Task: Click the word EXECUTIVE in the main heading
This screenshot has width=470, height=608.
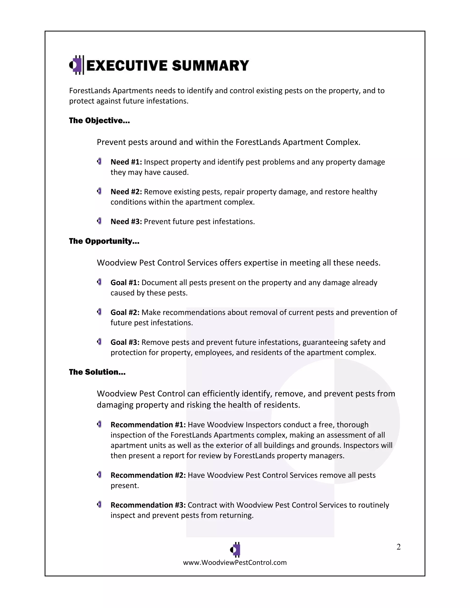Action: point(127,66)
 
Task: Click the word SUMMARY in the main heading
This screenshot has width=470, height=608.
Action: point(210,66)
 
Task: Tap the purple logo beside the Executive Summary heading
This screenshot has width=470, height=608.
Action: point(76,65)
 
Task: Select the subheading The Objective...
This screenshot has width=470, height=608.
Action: point(99,120)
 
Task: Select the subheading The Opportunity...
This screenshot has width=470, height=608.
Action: point(104,241)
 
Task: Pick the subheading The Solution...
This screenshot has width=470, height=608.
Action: point(97,372)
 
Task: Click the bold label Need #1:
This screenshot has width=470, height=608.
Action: point(126,162)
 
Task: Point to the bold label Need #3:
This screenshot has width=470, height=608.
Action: point(126,222)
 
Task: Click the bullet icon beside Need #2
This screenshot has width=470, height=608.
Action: point(99,191)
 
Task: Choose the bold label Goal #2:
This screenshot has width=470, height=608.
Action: point(125,312)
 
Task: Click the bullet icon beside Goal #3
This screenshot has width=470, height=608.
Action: point(99,342)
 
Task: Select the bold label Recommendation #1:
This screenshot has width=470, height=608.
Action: point(148,424)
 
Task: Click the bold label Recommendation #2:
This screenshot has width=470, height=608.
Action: point(148,475)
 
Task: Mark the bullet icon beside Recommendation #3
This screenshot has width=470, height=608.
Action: point(99,505)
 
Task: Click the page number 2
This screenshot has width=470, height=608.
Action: point(398,547)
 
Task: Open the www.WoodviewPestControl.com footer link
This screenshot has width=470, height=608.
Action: point(235,562)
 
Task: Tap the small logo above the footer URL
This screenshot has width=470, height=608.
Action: point(235,549)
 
